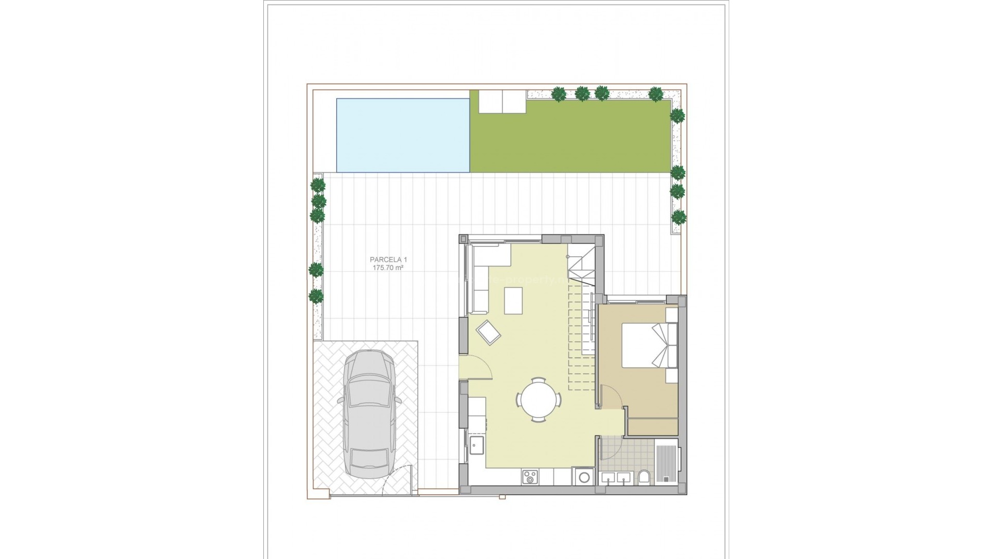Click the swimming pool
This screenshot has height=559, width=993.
(403, 135)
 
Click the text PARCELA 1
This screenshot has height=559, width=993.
(385, 259)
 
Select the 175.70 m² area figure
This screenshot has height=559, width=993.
(387, 268)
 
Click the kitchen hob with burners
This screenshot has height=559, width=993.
(530, 477)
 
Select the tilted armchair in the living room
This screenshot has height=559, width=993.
(489, 332)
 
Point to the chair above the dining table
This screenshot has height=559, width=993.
(538, 380)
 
